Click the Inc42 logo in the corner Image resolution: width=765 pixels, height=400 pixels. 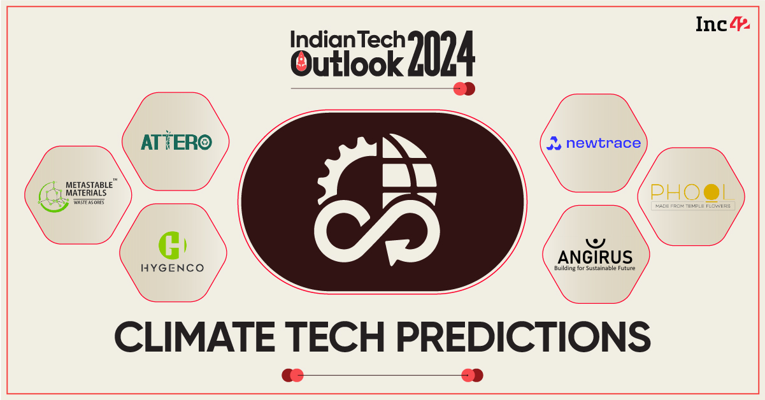[x=723, y=24]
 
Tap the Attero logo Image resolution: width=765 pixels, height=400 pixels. [x=176, y=141]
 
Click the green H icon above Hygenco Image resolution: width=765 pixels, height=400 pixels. [x=173, y=245]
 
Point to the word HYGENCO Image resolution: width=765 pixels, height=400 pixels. [x=173, y=268]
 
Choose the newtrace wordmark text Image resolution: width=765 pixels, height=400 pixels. [x=603, y=143]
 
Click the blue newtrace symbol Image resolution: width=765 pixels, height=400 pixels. [x=554, y=143]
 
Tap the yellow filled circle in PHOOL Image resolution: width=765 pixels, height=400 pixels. [x=711, y=192]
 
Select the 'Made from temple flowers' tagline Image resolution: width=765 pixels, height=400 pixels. [x=692, y=206]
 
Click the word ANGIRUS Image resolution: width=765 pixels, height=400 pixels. [x=595, y=257]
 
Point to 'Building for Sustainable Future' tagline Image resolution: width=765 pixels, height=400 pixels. [x=594, y=269]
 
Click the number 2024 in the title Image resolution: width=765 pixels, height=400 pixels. [x=441, y=54]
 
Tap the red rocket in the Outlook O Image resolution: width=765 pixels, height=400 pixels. [x=301, y=62]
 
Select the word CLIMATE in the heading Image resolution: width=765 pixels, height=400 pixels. [x=195, y=337]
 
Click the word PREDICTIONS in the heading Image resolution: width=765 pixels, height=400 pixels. [x=523, y=337]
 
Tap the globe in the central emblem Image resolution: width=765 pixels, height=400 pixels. [x=409, y=170]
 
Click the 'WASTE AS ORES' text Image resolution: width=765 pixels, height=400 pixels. [x=89, y=203]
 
